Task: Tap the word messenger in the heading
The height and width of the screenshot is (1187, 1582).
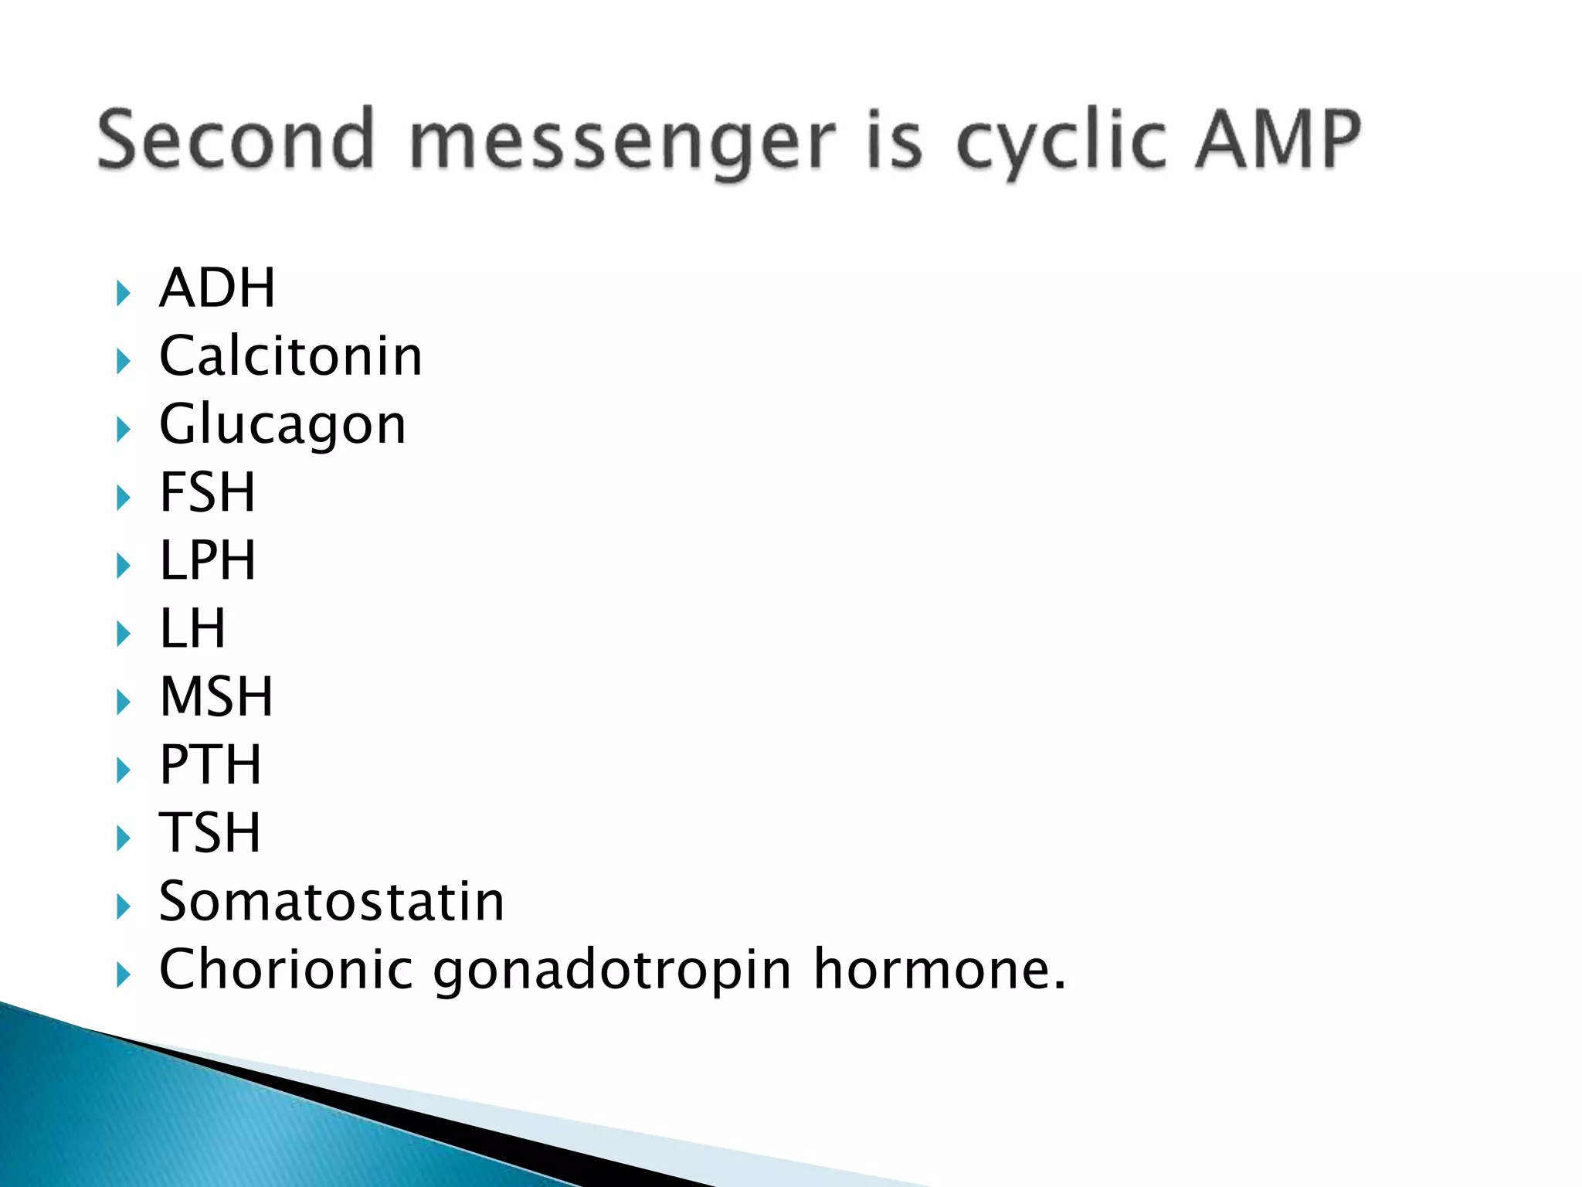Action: click(x=622, y=143)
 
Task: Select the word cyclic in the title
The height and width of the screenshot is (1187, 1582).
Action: click(x=1061, y=143)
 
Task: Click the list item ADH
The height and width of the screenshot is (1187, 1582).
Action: click(x=217, y=288)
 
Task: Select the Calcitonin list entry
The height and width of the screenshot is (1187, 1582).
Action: click(x=290, y=356)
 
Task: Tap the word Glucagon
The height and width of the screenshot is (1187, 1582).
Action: click(x=282, y=425)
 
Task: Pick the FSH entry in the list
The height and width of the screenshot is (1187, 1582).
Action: click(x=207, y=492)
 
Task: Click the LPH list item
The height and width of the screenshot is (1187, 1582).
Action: click(x=207, y=560)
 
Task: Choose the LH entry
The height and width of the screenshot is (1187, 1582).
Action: click(x=192, y=628)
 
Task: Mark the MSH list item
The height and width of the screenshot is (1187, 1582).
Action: click(x=216, y=696)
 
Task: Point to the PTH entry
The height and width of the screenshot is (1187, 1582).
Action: click(x=210, y=764)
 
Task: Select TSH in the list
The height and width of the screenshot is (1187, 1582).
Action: click(x=210, y=832)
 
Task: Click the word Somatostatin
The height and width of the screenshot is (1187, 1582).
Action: click(x=331, y=901)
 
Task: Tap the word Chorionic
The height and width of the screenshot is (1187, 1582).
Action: click(x=286, y=969)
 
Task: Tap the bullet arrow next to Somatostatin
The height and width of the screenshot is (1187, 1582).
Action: click(x=124, y=906)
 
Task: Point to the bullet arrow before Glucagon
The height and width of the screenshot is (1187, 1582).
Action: click(x=124, y=430)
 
